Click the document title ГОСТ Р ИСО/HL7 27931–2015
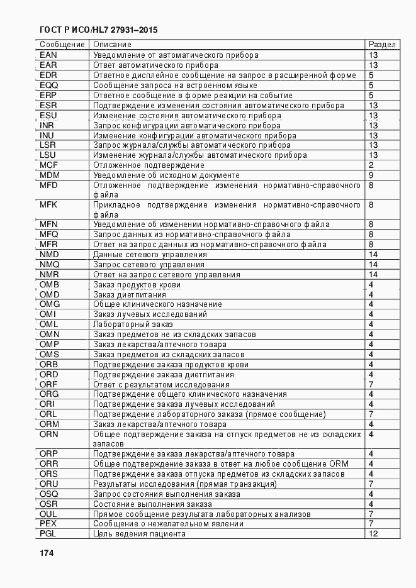click(x=98, y=30)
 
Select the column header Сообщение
click(x=62, y=45)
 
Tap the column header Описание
click(x=112, y=45)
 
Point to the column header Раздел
click(x=381, y=45)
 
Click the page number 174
click(x=47, y=553)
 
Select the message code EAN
click(x=48, y=55)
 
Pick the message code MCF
click(x=49, y=165)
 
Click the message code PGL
click(x=48, y=534)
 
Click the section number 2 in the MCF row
click(x=371, y=165)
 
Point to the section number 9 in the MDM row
click(x=371, y=175)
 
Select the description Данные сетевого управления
click(x=150, y=255)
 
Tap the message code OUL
click(x=48, y=514)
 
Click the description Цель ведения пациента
click(x=139, y=534)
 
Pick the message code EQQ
click(x=48, y=86)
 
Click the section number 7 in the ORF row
click(x=371, y=385)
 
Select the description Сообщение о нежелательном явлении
click(x=168, y=524)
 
